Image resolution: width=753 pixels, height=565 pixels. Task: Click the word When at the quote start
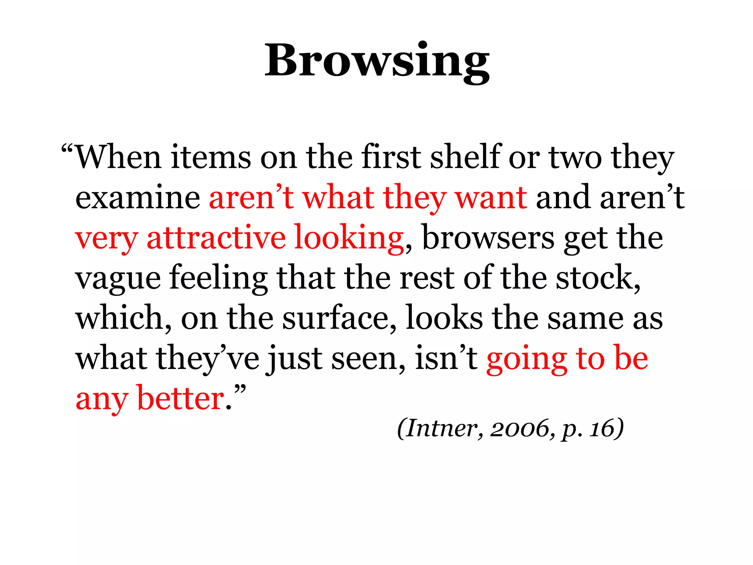(x=118, y=157)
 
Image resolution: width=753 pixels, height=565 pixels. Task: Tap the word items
(x=211, y=157)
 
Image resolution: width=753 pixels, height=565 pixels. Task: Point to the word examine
(x=138, y=198)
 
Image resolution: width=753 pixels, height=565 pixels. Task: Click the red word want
(x=491, y=198)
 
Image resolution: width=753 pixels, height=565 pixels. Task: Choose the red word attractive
(x=216, y=238)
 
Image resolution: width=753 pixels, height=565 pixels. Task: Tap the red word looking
(x=349, y=238)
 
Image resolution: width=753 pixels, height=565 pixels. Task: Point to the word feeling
(x=218, y=279)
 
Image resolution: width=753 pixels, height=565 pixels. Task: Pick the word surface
(x=335, y=318)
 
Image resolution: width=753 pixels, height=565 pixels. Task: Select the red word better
(x=181, y=399)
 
